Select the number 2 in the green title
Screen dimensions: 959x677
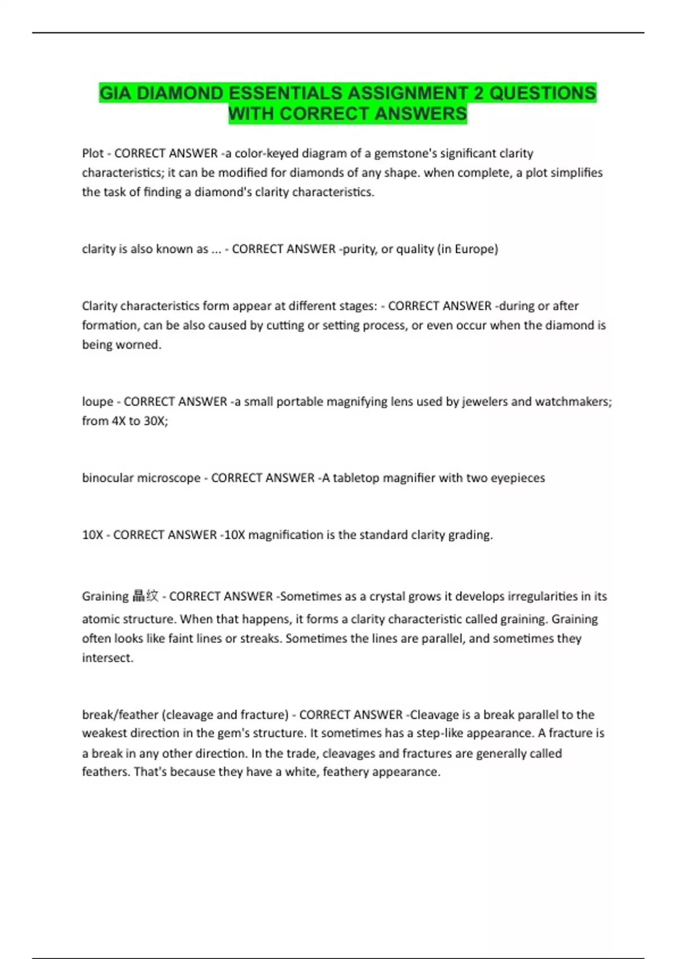(478, 93)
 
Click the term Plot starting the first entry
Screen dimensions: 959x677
(93, 153)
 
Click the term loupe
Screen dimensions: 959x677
(98, 402)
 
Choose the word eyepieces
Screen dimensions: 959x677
(518, 478)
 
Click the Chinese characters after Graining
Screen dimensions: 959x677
(145, 596)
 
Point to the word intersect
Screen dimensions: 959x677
(107, 658)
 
